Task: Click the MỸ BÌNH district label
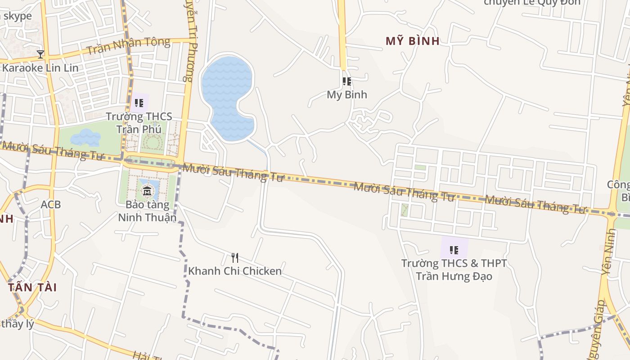click(x=412, y=41)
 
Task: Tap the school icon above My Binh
click(x=346, y=81)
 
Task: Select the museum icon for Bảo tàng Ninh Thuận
click(x=147, y=192)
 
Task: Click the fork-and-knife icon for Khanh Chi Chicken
click(x=234, y=258)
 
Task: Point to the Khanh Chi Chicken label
click(x=234, y=271)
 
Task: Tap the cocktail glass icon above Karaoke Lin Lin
click(x=40, y=54)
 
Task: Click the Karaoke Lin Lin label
click(x=40, y=68)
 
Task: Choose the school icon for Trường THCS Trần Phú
click(x=139, y=103)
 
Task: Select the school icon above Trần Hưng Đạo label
click(x=454, y=250)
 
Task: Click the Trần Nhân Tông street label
click(x=128, y=45)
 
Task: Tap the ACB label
click(x=50, y=204)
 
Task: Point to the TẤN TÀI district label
click(x=32, y=287)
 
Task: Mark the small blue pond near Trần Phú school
click(x=85, y=137)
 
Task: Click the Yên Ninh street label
click(x=608, y=252)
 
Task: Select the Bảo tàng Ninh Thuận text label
click(x=147, y=211)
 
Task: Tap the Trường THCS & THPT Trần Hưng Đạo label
click(x=454, y=270)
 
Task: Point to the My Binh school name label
click(x=346, y=94)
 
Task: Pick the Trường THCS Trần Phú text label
click(x=139, y=122)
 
